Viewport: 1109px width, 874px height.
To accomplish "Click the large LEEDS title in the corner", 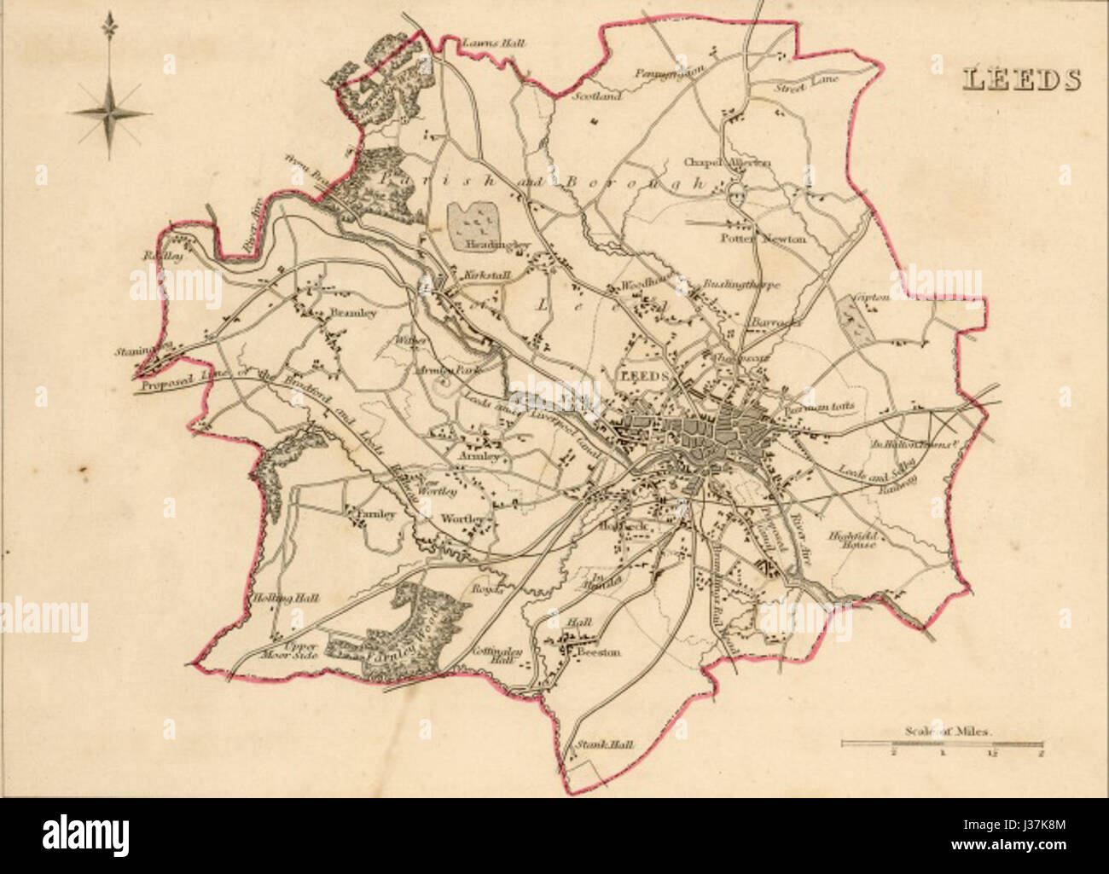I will point(1021,78).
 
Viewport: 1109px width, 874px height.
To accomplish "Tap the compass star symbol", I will point(109,112).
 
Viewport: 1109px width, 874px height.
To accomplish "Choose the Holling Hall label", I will point(285,599).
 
